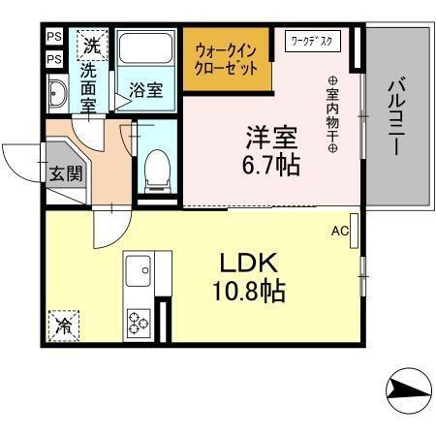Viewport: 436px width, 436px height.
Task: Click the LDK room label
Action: [x=254, y=263]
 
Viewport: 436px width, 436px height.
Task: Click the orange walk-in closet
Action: [x=226, y=61]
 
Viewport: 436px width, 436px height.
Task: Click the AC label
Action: [x=340, y=231]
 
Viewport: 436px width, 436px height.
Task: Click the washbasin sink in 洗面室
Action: [x=56, y=95]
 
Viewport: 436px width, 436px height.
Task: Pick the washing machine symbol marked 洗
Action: [x=91, y=45]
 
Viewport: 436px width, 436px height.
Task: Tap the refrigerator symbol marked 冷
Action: [x=63, y=324]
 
